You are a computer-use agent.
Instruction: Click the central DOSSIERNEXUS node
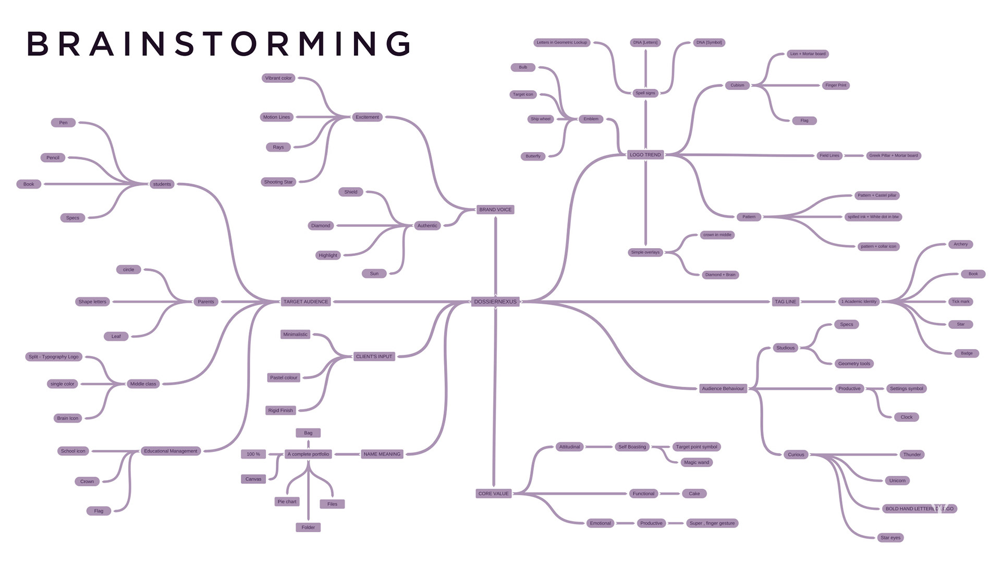coord(495,302)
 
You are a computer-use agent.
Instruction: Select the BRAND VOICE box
coord(495,210)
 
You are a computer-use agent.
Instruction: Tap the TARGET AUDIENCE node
coord(306,302)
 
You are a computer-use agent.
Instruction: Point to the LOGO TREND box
coord(645,155)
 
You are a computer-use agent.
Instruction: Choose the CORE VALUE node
coord(493,494)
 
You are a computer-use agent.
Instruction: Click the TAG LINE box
coord(785,302)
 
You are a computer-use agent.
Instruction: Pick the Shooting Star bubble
coord(278,182)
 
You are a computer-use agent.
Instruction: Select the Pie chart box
coord(287,501)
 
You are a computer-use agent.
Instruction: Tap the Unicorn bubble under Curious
coord(897,481)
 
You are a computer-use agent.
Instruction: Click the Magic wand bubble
coord(697,462)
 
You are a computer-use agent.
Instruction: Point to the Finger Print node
coord(836,85)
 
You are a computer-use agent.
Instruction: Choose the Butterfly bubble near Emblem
coord(533,156)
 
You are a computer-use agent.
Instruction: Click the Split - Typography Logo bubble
coord(54,357)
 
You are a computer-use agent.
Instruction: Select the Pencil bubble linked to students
coord(53,158)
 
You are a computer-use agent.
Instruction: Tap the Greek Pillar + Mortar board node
coord(894,155)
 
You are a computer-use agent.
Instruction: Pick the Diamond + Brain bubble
coord(720,275)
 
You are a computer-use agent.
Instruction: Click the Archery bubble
coord(960,244)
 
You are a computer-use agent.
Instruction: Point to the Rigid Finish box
coord(280,411)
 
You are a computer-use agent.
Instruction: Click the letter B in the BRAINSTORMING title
coord(38,44)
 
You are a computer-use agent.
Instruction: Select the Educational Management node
coord(170,451)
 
